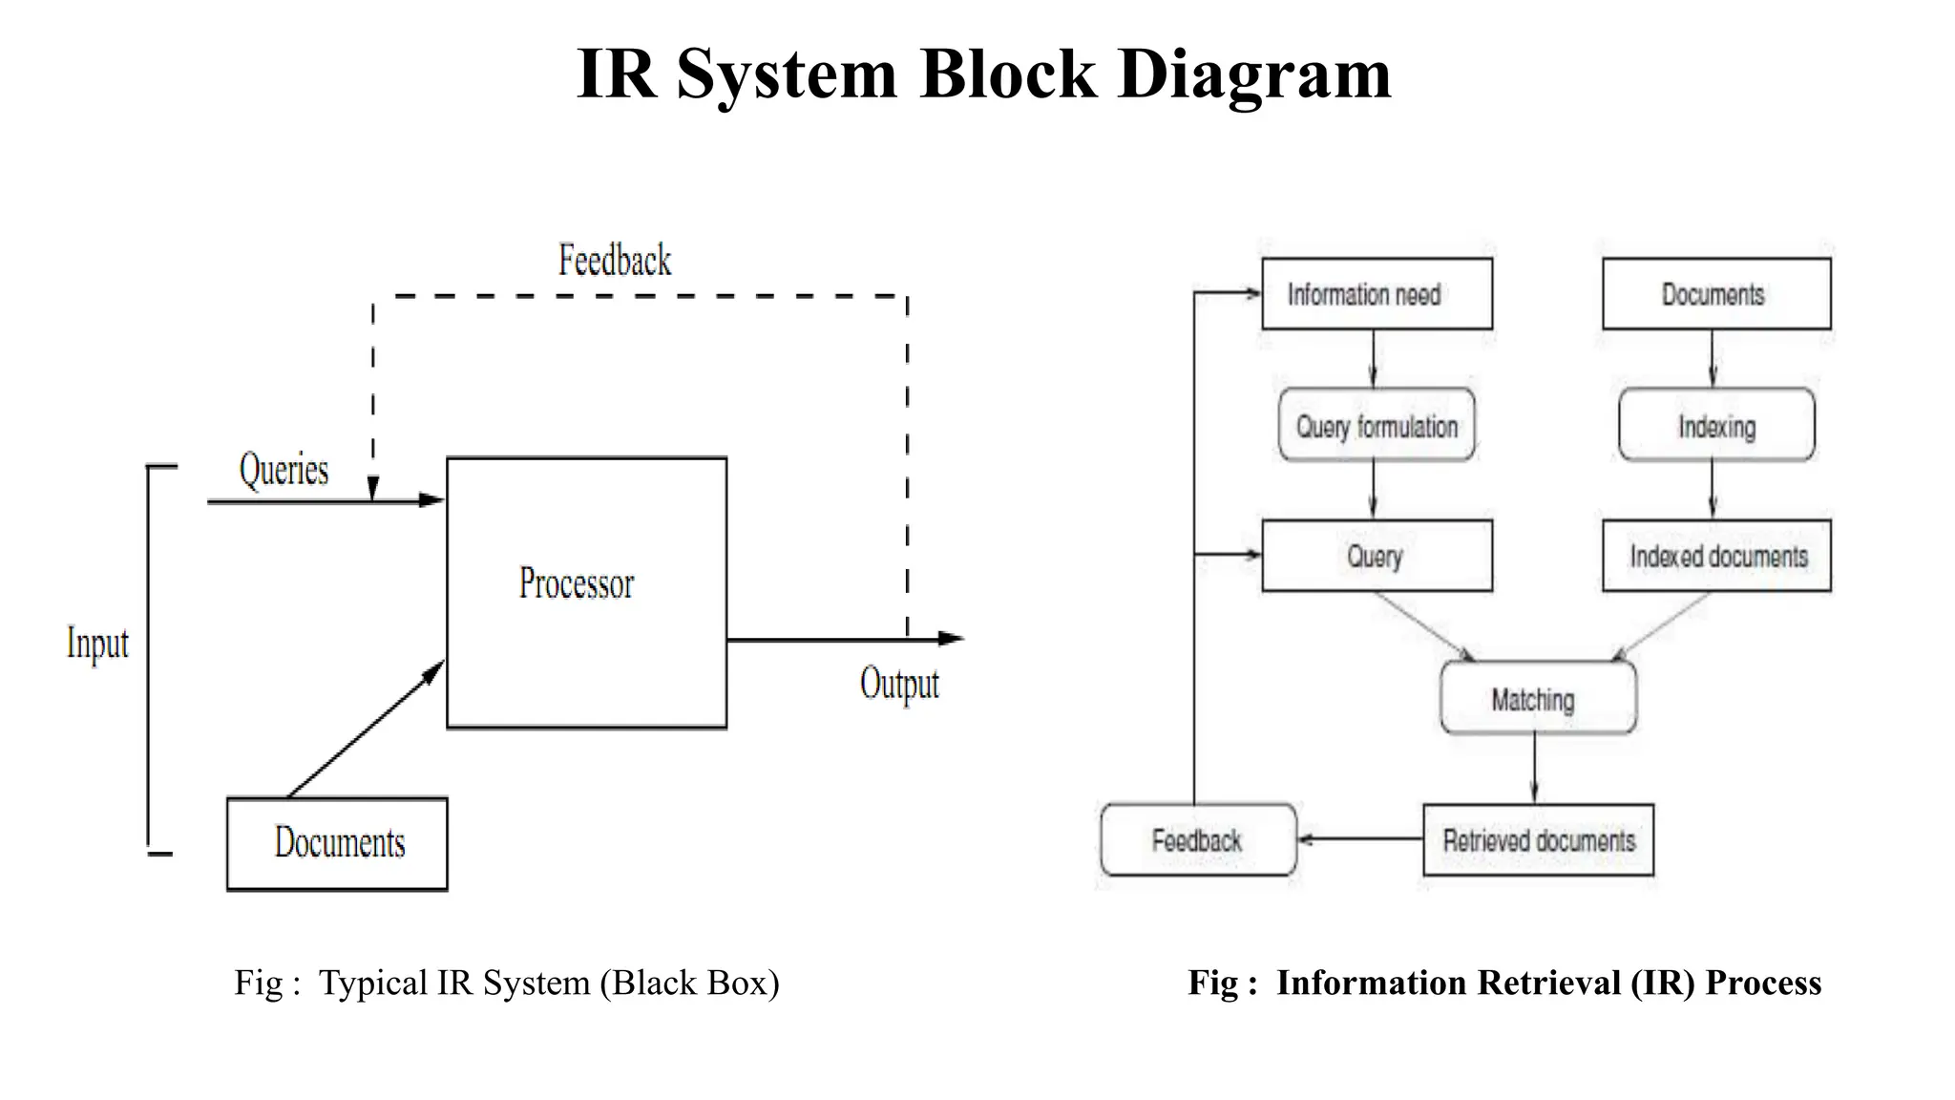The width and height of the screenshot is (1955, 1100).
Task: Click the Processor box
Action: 586,592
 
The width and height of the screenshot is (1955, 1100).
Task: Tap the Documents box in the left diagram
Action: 337,844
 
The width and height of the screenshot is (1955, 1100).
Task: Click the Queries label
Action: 284,470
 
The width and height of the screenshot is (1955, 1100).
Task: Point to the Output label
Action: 899,684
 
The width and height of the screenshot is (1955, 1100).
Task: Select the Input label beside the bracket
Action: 97,644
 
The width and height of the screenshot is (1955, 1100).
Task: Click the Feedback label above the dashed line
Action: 615,261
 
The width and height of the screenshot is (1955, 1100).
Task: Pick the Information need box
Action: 1377,294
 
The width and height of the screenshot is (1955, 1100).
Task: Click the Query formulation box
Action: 1377,426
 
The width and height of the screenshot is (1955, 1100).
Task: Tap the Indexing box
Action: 1716,426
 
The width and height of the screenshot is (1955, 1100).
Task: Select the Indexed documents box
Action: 1716,556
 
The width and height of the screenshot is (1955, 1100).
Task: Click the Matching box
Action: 1537,699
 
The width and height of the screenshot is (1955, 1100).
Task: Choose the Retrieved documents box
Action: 1538,840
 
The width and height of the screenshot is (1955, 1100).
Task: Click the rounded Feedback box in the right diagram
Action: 1198,840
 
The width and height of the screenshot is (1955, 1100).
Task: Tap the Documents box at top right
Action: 1716,294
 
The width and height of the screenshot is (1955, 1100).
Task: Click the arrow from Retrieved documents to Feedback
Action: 1359,839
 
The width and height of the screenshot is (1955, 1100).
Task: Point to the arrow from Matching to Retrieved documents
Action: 1535,769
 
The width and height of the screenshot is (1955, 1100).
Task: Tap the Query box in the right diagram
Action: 1377,556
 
